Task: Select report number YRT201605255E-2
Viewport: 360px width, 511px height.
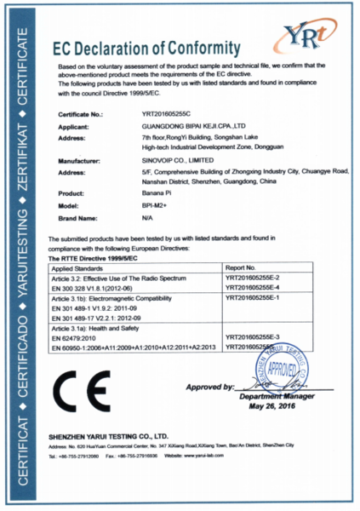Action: point(258,278)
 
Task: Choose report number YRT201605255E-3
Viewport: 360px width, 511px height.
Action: point(258,338)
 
